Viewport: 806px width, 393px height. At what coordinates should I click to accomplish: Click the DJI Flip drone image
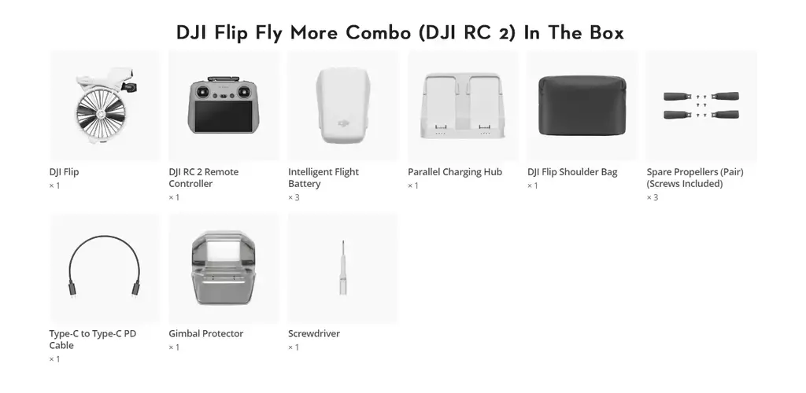pos(105,105)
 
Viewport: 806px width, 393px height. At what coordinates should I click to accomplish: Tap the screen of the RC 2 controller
pos(223,116)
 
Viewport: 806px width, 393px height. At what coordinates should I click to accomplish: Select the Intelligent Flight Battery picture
pos(343,105)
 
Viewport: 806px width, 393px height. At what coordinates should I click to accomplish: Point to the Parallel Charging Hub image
pos(463,105)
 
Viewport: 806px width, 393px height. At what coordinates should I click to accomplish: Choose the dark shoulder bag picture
pos(582,105)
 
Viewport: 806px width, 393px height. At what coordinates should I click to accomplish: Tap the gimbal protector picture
pos(224,268)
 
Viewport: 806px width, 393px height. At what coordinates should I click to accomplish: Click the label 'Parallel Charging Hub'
pos(455,172)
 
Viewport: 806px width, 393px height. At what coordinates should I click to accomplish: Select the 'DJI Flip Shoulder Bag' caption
pos(572,172)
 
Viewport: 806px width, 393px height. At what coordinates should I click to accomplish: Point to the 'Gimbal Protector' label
pos(206,333)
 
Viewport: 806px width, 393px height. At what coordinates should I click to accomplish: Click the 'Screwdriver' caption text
pos(314,333)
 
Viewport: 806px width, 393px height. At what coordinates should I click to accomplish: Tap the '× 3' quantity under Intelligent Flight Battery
pos(294,197)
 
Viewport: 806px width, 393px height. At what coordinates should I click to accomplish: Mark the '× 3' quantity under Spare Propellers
pos(653,197)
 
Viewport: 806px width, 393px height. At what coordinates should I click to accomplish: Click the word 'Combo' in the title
pos(379,33)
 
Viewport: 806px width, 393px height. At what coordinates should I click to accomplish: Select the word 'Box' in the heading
pos(607,33)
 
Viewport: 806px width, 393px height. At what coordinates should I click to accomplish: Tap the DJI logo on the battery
pos(343,123)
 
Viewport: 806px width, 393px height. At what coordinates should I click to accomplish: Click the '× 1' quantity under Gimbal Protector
pos(174,347)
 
